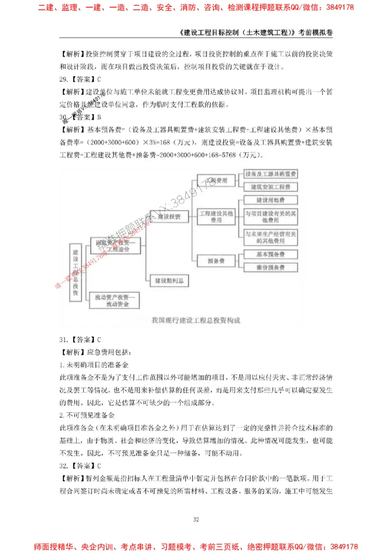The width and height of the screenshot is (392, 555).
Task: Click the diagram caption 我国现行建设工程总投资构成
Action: [x=196, y=321]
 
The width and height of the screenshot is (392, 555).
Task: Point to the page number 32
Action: [x=196, y=519]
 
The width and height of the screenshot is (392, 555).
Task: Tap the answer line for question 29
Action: [x=80, y=78]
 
